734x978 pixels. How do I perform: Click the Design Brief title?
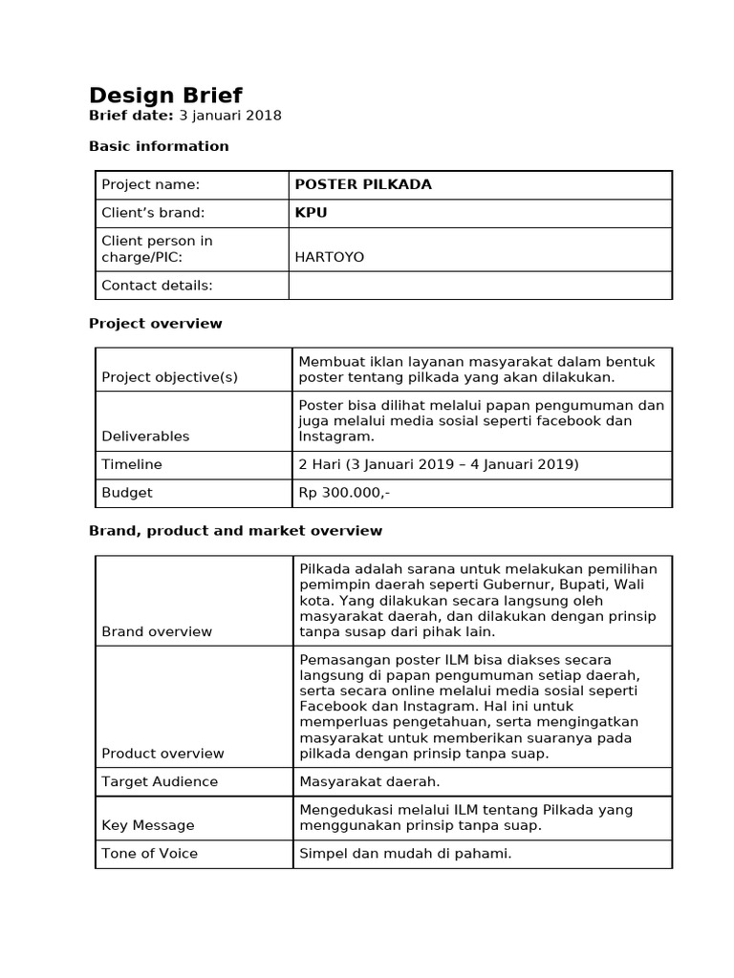click(x=165, y=96)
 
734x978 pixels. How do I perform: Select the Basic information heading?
click(x=159, y=146)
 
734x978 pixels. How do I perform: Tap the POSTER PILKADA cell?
click(x=363, y=185)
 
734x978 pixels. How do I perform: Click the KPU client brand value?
click(x=311, y=213)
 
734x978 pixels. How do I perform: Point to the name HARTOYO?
click(x=331, y=257)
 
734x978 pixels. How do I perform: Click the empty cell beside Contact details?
click(x=480, y=286)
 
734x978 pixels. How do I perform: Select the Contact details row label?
click(x=157, y=286)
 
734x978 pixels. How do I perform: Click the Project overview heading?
click(x=155, y=324)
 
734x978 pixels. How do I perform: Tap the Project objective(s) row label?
click(x=169, y=377)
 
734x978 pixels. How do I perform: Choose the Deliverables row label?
click(x=145, y=436)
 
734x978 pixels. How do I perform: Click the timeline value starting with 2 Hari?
click(x=439, y=464)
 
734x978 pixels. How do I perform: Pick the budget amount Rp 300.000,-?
click(x=345, y=493)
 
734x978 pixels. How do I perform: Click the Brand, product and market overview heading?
click(x=235, y=531)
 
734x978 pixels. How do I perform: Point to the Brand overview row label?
click(x=157, y=631)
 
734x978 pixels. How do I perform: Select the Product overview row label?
click(x=162, y=754)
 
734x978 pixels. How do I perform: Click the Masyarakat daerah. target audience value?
click(x=369, y=781)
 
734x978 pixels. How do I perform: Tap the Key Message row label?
click(x=147, y=825)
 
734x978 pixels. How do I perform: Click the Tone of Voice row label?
click(x=149, y=853)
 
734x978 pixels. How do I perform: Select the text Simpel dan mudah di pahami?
click(x=405, y=853)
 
